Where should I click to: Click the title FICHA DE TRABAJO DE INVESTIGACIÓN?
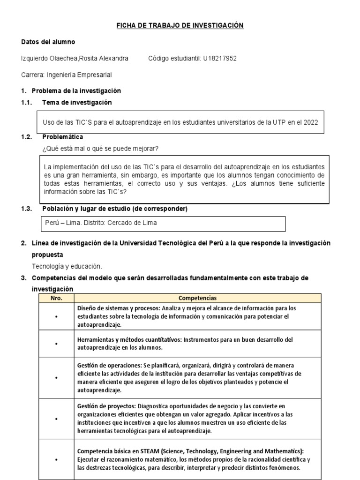coord(180,26)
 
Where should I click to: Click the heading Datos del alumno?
coord(48,42)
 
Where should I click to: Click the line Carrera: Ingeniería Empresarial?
coord(67,75)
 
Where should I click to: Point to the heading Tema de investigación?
coord(77,102)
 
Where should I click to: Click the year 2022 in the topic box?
coord(311,122)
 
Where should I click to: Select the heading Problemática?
coord(62,137)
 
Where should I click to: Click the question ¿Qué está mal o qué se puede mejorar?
coord(101,149)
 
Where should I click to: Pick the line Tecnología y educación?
coord(67,266)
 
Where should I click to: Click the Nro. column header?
coord(55,298)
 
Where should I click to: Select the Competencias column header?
coord(197,298)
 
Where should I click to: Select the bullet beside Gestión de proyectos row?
coord(55,418)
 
